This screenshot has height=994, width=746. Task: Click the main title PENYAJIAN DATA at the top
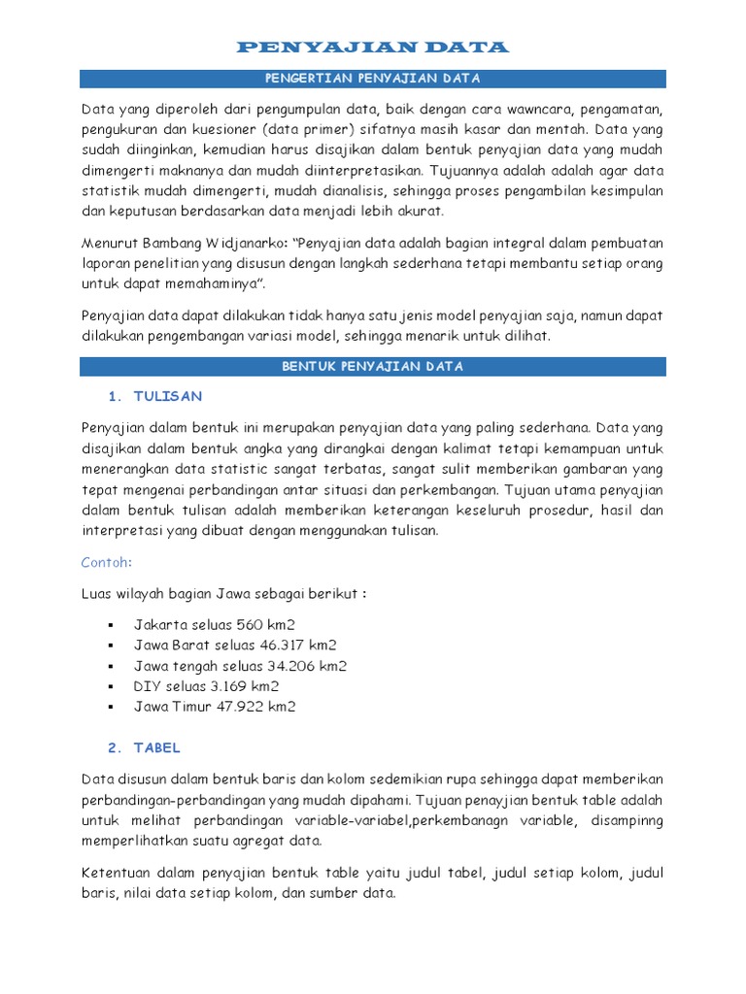pos(372,47)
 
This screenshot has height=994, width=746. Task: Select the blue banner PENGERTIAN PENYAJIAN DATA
pos(372,79)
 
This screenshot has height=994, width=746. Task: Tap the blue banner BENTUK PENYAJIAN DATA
pos(372,366)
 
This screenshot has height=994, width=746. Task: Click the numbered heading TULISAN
pos(168,396)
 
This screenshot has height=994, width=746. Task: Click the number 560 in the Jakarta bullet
pos(238,624)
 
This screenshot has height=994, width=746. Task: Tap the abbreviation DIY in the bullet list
pos(147,686)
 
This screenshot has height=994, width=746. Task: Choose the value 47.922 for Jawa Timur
pos(237,707)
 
